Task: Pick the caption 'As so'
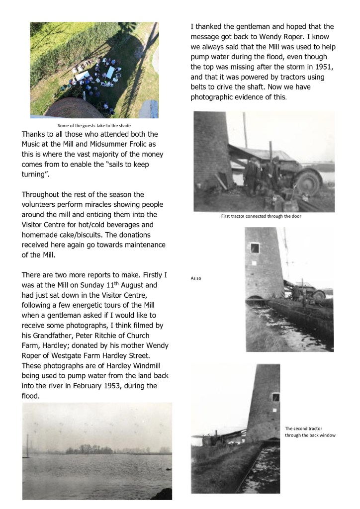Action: [x=195, y=278]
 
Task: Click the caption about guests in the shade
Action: [x=93, y=126]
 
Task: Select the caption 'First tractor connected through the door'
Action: [x=261, y=216]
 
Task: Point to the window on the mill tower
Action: [x=255, y=247]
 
